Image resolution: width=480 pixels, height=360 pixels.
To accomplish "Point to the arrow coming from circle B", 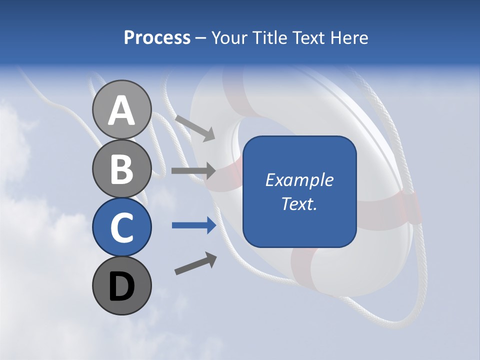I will tap(193, 171).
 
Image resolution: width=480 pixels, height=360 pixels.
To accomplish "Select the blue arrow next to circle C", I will tap(194, 225).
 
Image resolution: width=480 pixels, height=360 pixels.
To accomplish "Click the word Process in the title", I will tap(157, 38).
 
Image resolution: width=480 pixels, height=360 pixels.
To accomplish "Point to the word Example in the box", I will tap(299, 180).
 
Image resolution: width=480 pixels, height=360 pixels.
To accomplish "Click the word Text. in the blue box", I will tap(299, 203).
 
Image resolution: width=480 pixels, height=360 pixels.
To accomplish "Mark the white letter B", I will tap(121, 169).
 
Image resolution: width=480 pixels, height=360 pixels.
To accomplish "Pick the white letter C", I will tap(121, 228).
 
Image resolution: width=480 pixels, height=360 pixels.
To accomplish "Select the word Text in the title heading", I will tap(307, 38).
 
